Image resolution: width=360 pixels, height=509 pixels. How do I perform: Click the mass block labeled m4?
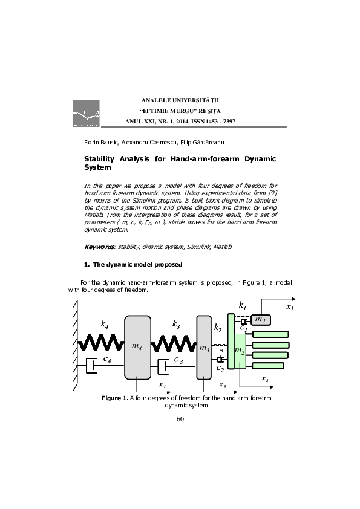137,346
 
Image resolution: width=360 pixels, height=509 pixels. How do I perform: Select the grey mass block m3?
204,346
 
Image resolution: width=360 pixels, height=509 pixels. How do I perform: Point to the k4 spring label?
105,325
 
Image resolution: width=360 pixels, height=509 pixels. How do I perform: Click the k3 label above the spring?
176,325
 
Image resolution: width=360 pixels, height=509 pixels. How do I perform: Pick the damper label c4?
106,360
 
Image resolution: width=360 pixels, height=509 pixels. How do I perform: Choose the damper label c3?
178,360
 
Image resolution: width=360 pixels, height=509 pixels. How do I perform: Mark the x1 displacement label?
290,308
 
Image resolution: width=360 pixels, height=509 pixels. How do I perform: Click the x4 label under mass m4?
161,384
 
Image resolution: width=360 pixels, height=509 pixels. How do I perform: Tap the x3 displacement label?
222,385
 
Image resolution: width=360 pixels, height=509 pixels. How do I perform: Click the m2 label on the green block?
239,351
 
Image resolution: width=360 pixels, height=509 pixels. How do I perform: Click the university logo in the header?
86,114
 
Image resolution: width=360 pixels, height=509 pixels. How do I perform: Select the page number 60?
180,420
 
